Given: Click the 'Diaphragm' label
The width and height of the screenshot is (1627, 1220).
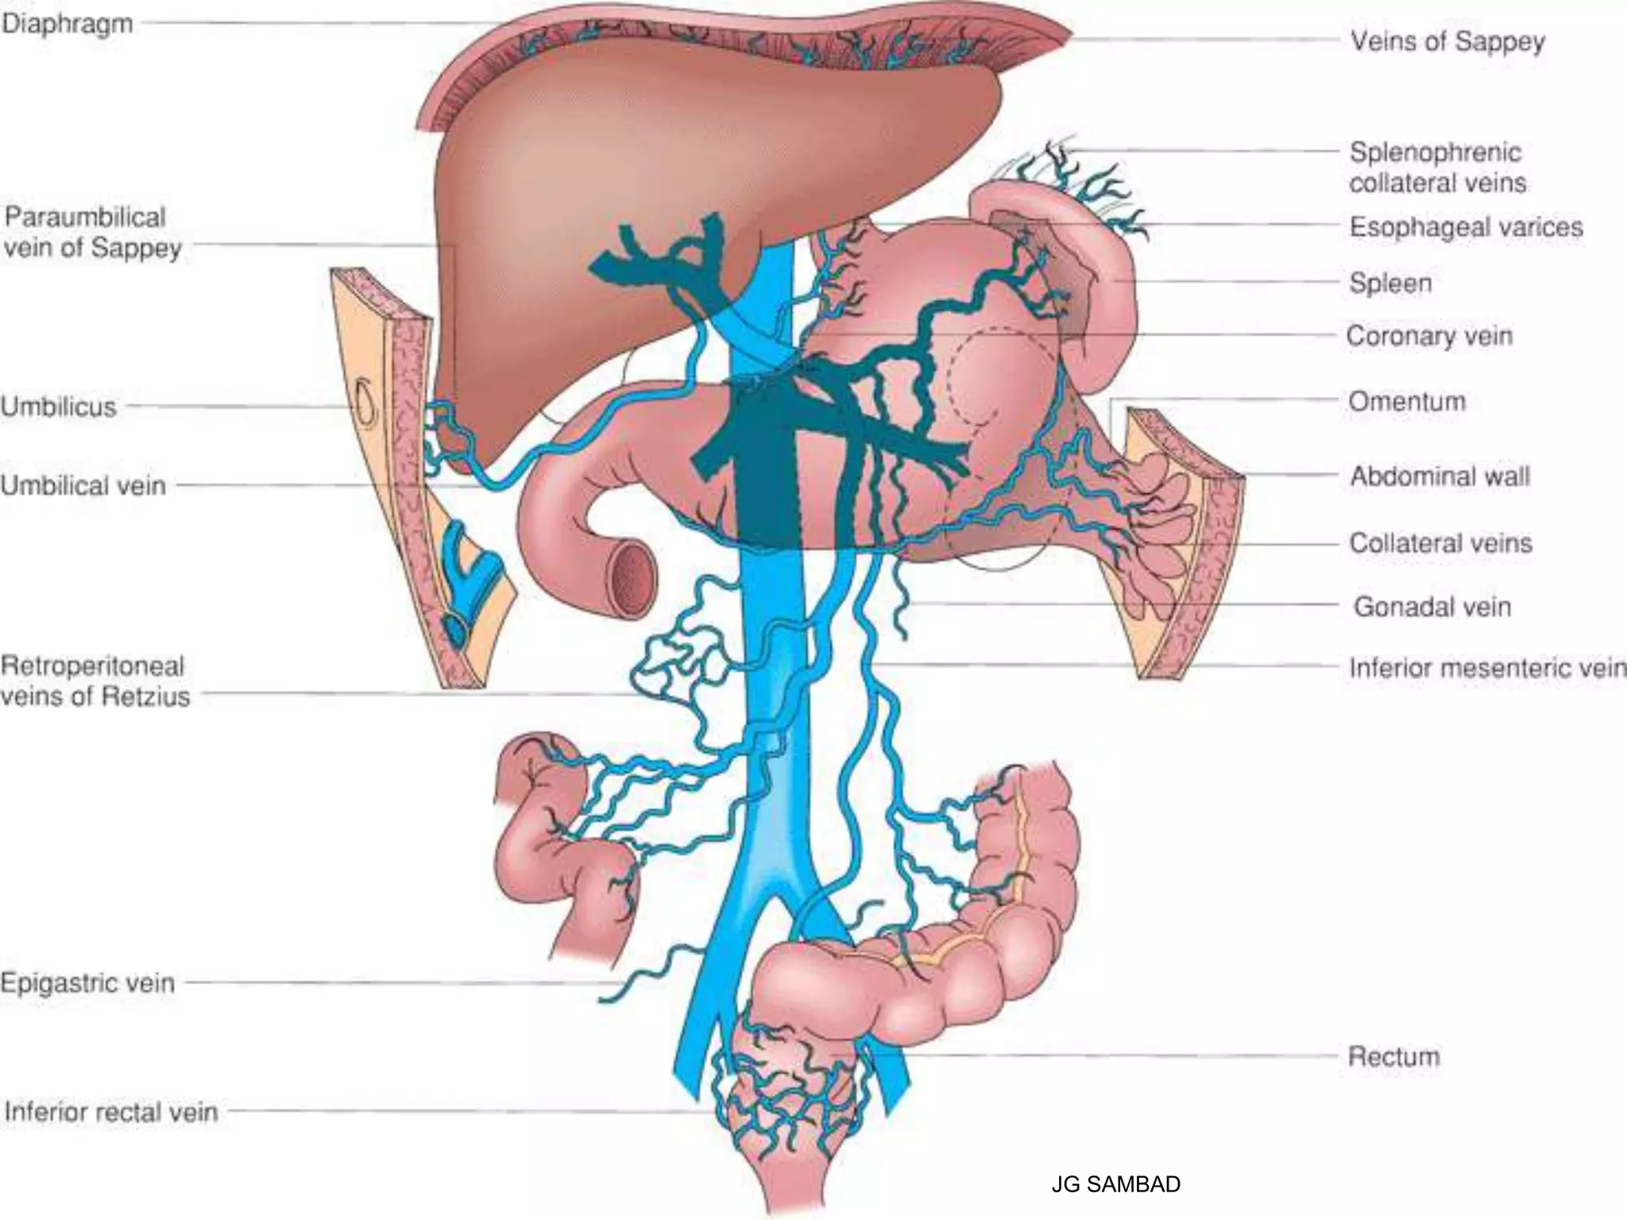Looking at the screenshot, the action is point(67,25).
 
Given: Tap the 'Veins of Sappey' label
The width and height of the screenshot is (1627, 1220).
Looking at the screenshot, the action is point(1447,41).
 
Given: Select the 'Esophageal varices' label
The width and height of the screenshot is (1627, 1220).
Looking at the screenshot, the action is point(1466,228).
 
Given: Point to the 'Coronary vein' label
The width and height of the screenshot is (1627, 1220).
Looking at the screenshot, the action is point(1429,336).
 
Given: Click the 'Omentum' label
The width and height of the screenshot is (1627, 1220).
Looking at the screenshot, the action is point(1406,402).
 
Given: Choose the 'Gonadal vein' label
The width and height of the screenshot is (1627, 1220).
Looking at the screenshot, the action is point(1432,607).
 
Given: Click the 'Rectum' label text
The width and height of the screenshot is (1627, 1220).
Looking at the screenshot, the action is point(1393,1057).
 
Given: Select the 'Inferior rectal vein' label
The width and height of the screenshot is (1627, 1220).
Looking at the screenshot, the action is point(111,1112).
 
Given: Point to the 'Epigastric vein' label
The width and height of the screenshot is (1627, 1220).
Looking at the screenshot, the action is point(87,983).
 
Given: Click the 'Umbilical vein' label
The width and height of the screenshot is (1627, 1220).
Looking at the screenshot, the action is point(83,485).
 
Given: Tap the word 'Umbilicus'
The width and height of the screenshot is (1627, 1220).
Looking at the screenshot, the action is point(59,407).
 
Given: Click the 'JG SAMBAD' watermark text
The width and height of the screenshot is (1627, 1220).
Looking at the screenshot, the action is point(1115,1184).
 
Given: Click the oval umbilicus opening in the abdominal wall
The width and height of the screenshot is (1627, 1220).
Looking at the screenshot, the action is point(367,403).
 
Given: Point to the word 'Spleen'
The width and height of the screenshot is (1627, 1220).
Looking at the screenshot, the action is point(1390,284).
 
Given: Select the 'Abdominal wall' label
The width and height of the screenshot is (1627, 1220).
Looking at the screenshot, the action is point(1440,477).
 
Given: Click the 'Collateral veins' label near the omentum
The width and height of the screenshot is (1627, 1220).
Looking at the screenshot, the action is point(1440,543).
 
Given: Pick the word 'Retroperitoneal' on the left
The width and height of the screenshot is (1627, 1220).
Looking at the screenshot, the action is point(93,666).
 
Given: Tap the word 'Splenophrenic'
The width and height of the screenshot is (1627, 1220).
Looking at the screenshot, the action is point(1435,152).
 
